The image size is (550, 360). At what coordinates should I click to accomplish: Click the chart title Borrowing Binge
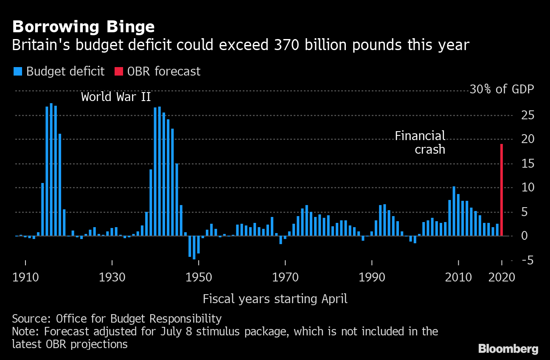coord(83,27)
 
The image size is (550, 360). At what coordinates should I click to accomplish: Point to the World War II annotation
coord(116,97)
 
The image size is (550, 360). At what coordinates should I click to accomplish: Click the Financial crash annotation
coord(420,142)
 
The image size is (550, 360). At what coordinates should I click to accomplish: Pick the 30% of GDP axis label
coord(501,90)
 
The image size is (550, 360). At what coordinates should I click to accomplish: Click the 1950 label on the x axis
coord(198,277)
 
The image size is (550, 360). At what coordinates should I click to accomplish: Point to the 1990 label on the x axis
coord(371,277)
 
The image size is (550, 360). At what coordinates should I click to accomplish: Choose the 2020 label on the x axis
coord(502,277)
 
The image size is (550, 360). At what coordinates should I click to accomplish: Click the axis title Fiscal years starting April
coord(275,299)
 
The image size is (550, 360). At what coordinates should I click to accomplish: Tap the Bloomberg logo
coord(508,349)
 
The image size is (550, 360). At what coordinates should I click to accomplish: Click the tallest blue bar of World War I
coord(51,169)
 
